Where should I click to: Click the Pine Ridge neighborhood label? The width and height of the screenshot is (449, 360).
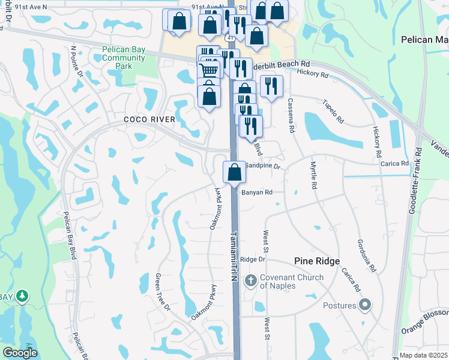point(317,261)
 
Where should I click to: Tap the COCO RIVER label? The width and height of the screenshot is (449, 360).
point(149,119)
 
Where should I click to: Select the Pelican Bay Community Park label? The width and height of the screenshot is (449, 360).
point(124,58)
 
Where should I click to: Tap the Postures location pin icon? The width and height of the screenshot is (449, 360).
point(365,305)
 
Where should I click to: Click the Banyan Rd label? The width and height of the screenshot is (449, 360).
point(258,193)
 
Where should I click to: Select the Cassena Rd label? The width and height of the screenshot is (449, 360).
point(291,116)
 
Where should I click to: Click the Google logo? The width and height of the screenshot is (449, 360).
point(20,353)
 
